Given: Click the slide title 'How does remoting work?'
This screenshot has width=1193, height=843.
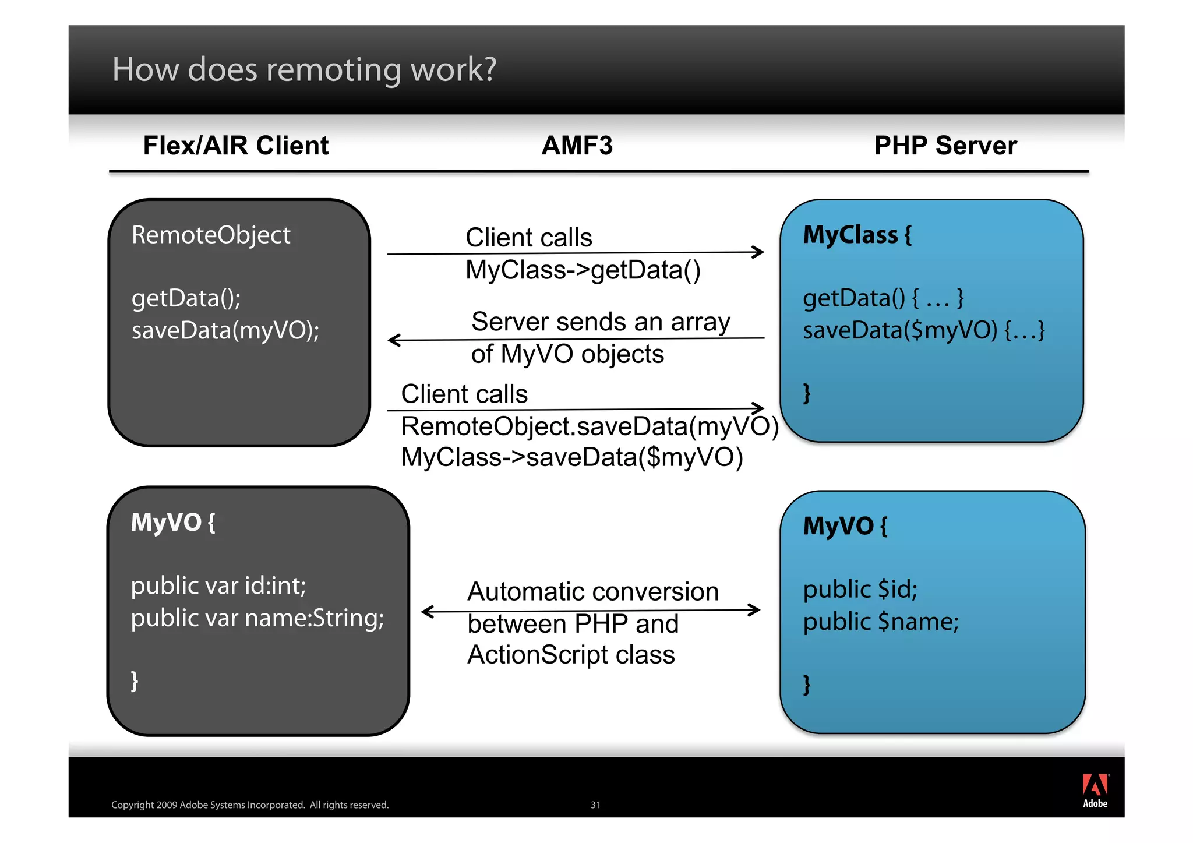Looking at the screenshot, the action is pyautogui.click(x=304, y=70).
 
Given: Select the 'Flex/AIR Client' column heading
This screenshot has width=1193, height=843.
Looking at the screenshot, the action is pyautogui.click(x=236, y=146).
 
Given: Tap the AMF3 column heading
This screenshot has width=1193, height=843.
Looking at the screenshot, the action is pyautogui.click(x=577, y=146).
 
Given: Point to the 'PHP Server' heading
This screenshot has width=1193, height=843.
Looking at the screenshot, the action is pyautogui.click(x=945, y=146).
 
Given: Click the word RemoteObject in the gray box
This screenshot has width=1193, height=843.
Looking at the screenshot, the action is pyautogui.click(x=211, y=235).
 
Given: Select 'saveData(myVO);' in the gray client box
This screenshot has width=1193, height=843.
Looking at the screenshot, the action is pyautogui.click(x=225, y=331).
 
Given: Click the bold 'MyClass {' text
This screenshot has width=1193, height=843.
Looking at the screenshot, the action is pyautogui.click(x=857, y=235).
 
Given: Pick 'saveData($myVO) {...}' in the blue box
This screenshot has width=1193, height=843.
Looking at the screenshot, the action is pyautogui.click(x=923, y=331).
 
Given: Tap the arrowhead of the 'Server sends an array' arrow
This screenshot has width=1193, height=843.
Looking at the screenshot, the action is pyautogui.click(x=394, y=340).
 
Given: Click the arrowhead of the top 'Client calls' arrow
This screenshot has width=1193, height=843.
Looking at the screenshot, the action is pyautogui.click(x=758, y=252).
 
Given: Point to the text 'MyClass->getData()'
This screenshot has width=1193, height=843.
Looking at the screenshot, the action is pyautogui.click(x=583, y=270).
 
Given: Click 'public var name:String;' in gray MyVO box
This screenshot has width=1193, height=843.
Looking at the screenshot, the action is pyautogui.click(x=257, y=618).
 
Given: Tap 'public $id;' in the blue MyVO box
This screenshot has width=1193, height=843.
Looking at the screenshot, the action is pyautogui.click(x=860, y=590).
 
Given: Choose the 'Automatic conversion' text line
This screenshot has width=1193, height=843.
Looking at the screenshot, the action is pyautogui.click(x=593, y=592).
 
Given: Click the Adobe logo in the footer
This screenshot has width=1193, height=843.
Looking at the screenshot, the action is pyautogui.click(x=1095, y=791).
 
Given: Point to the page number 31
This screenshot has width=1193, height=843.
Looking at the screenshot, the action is pyautogui.click(x=595, y=805).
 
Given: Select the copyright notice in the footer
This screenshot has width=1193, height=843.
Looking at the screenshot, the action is pyautogui.click(x=250, y=805).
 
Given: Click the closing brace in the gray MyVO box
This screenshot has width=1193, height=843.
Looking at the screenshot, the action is pyautogui.click(x=135, y=680).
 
